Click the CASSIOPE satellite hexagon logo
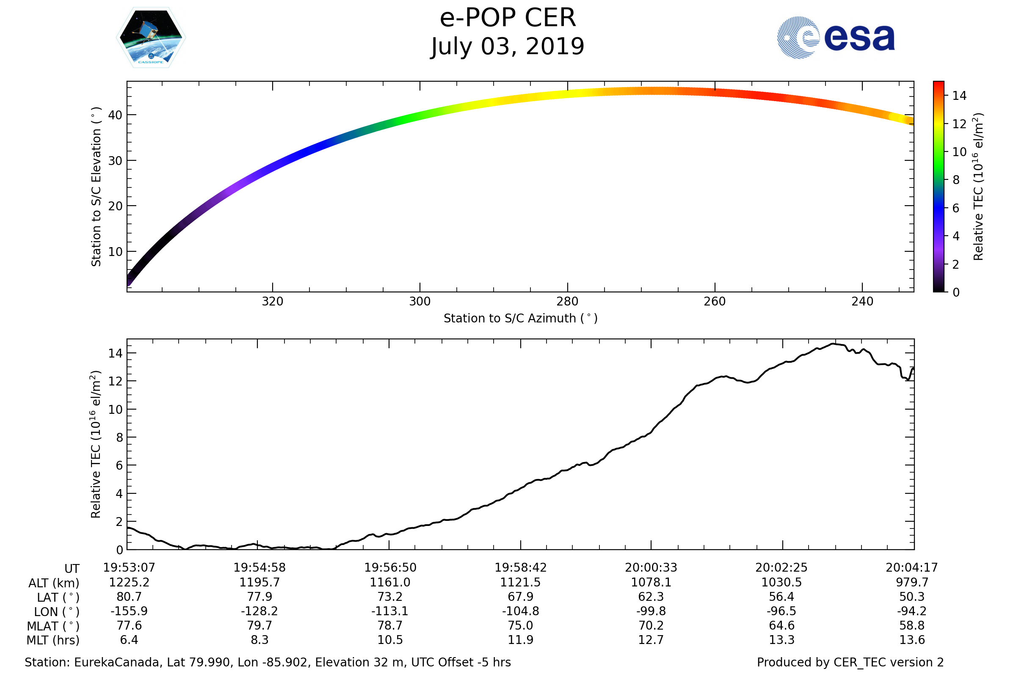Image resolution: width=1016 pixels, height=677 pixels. (151, 38)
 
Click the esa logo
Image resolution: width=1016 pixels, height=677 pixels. (835, 38)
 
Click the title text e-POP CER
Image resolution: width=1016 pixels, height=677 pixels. (508, 18)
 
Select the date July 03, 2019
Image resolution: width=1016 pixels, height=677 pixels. (508, 47)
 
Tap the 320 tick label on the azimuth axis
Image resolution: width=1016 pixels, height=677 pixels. (272, 301)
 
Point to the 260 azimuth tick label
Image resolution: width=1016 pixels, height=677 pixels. (715, 301)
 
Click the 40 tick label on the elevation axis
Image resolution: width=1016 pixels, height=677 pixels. (115, 115)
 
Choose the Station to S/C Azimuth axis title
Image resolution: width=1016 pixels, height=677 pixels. (521, 319)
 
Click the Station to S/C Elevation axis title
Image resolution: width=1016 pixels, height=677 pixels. (96, 187)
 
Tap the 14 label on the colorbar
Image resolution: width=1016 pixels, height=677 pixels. (959, 96)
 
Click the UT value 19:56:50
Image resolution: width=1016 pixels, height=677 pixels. (390, 568)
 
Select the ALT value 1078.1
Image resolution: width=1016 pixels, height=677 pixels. (651, 583)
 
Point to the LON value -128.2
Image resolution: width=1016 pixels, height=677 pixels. (259, 611)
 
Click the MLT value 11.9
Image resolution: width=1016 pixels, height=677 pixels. (521, 640)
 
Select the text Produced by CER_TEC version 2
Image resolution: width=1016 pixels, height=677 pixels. (850, 663)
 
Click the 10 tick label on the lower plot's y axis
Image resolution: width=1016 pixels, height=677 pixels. (115, 409)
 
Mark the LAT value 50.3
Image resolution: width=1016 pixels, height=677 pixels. (912, 597)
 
